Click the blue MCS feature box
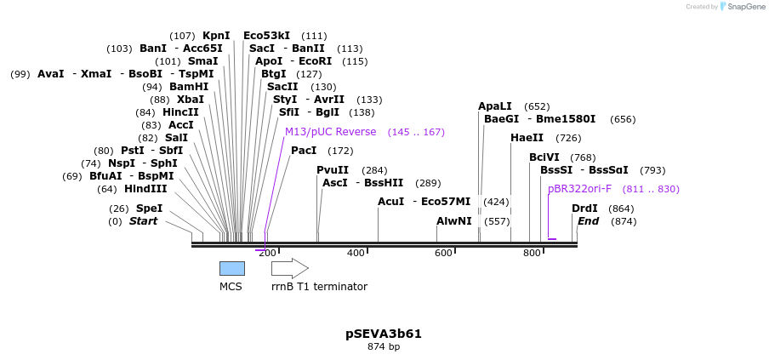pyautogui.click(x=231, y=268)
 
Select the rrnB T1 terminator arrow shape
pyautogui.click(x=289, y=268)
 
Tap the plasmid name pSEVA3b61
pyautogui.click(x=384, y=334)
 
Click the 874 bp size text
pyautogui.click(x=384, y=347)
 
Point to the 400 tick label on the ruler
pyautogui.click(x=356, y=253)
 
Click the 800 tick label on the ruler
pyautogui.click(x=532, y=253)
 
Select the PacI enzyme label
pyautogui.click(x=304, y=151)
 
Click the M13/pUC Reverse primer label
pyautogui.click(x=330, y=132)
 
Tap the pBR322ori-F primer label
pyautogui.click(x=579, y=189)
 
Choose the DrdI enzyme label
pyautogui.click(x=584, y=209)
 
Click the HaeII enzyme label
pyautogui.click(x=527, y=138)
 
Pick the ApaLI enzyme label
pyautogui.click(x=495, y=106)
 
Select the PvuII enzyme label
pyautogui.click(x=333, y=170)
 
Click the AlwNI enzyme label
pyautogui.click(x=453, y=221)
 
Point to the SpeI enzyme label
pyautogui.click(x=149, y=209)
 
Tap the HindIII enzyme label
pyautogui.click(x=145, y=189)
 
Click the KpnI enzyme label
pyautogui.click(x=216, y=36)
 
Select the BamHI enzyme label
pyautogui.click(x=189, y=87)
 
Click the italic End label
pyautogui.click(x=589, y=221)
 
